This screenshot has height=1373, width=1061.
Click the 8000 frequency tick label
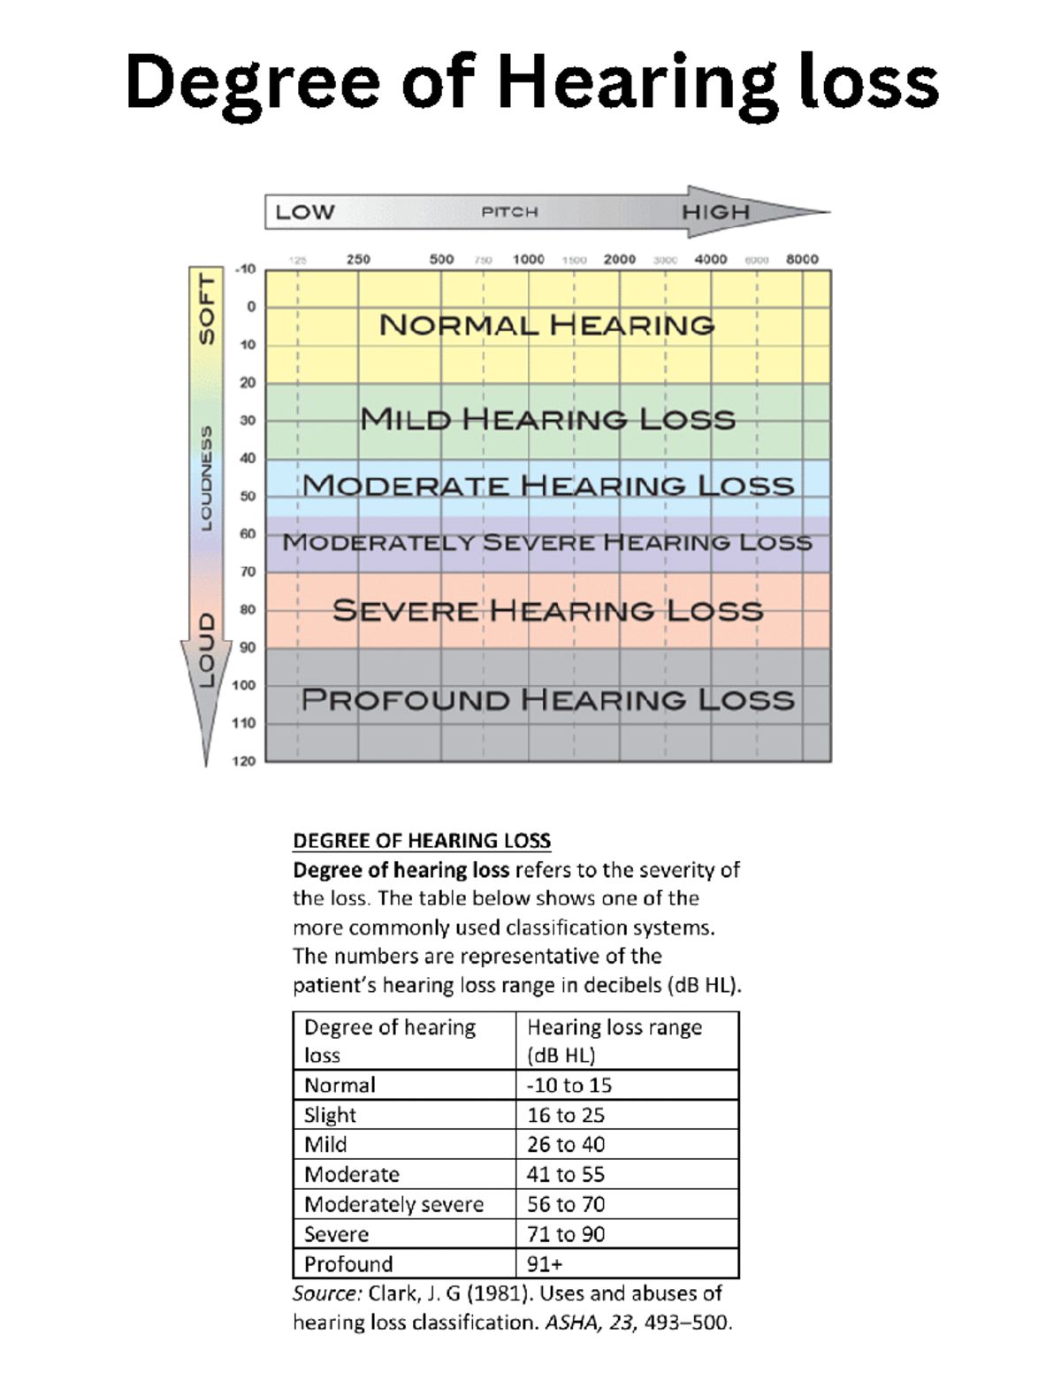coord(802,259)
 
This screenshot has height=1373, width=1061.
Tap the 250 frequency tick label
coord(358,259)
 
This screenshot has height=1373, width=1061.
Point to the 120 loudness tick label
coord(244,760)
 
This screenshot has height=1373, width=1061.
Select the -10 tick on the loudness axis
coord(246,269)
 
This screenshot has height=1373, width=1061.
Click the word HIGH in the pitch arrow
coord(715,212)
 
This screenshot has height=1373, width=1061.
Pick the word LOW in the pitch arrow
coord(305,212)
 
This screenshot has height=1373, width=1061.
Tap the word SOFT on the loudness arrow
coord(206,309)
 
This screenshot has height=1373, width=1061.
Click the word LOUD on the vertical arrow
coord(206,651)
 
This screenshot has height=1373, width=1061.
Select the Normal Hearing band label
coord(546,325)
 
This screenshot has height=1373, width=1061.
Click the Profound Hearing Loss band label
coord(547,700)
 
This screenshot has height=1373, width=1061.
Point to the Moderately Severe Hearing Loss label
coord(546,542)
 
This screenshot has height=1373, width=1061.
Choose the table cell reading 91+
coord(545,1263)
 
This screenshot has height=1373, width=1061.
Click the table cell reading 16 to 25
coord(566,1115)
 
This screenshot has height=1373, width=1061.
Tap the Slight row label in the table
coord(330,1115)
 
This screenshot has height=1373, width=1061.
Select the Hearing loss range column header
coord(614,1041)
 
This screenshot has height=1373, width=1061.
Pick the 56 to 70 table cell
coord(566,1204)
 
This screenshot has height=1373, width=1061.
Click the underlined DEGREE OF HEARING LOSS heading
coord(422,840)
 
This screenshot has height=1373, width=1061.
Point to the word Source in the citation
coord(326,1293)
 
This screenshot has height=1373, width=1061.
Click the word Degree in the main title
coord(253,82)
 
